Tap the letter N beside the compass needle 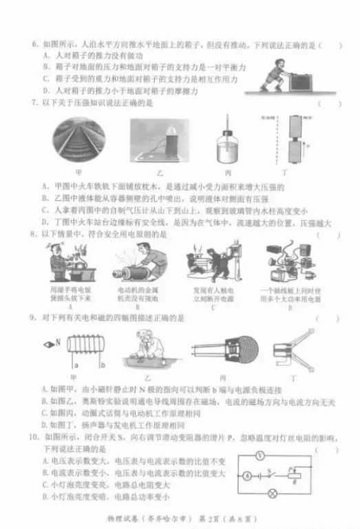[58, 343]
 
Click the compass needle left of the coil [47, 343]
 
